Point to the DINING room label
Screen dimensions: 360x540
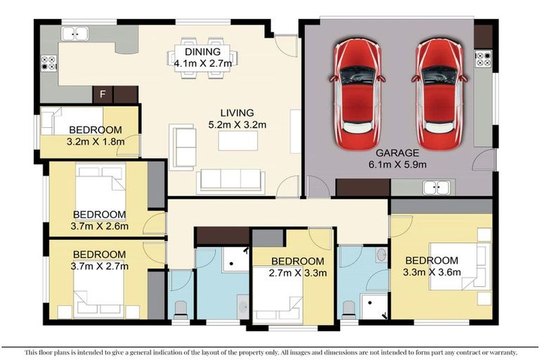pos(202,52)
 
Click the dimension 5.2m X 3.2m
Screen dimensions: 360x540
pos(236,125)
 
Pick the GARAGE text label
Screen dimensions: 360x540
pos(397,153)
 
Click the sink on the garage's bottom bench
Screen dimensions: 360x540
pos(437,187)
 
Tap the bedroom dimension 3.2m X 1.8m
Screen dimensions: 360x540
pos(96,141)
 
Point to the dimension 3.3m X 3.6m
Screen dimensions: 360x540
pos(432,272)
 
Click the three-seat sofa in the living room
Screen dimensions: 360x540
pos(231,181)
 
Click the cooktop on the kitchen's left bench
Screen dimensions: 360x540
pos(49,63)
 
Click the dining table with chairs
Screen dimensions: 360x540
pos(198,57)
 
